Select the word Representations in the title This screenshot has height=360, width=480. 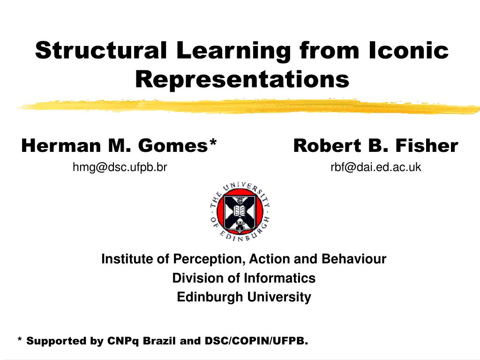point(242,79)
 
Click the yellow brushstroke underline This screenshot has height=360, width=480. point(248,106)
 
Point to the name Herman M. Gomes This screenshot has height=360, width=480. point(115,146)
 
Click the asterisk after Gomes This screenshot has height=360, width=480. point(213,143)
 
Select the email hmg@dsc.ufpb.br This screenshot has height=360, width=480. point(120,166)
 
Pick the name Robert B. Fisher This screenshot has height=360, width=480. point(375,146)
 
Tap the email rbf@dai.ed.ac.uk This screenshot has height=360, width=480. point(375,166)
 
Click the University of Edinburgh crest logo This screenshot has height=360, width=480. point(240,211)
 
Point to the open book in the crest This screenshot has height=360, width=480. point(240,210)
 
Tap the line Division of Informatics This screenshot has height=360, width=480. point(244,278)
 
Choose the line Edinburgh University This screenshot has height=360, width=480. point(244,297)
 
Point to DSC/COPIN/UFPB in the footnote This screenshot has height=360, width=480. point(256,341)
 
